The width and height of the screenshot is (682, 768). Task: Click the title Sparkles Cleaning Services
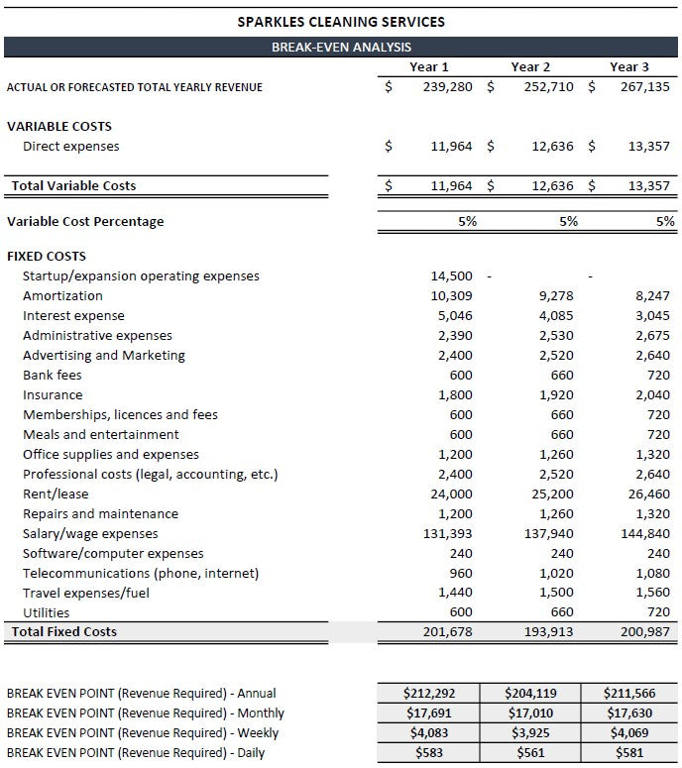tap(341, 21)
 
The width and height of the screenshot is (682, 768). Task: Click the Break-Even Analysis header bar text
tap(341, 47)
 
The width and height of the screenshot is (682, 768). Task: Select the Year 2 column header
tap(530, 66)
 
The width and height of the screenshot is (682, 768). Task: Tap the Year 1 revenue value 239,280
tap(449, 87)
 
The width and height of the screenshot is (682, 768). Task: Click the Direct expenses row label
tap(70, 147)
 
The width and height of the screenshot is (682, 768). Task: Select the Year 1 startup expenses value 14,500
tap(452, 276)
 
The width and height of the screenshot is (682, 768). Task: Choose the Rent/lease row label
tap(56, 494)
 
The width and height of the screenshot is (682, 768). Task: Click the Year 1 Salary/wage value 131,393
tap(449, 534)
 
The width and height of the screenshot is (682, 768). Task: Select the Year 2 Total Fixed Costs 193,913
tap(550, 632)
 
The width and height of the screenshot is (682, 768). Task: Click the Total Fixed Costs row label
tap(63, 632)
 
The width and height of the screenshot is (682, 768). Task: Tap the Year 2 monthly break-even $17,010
tap(530, 713)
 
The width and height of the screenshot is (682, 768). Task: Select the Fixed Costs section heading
tap(47, 257)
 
